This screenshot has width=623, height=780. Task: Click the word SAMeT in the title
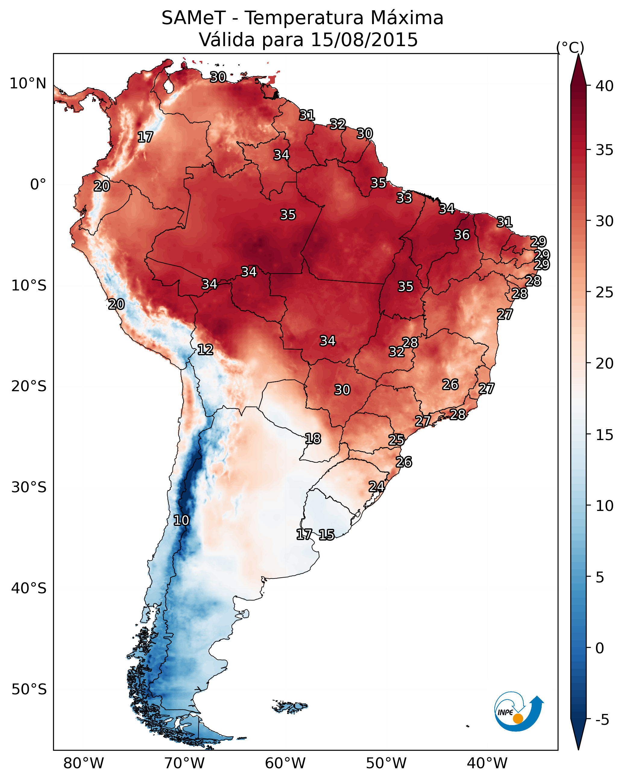coord(194,18)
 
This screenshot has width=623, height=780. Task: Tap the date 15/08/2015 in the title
coord(364,40)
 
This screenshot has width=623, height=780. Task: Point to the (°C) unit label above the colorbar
coord(570,47)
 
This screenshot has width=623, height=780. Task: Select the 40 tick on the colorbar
coord(605,86)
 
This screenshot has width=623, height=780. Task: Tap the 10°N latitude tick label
coord(28,84)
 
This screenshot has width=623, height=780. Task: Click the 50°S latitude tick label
coord(29,689)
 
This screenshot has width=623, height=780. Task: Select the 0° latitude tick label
coord(38,185)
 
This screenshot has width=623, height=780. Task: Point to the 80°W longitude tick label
coord(83,763)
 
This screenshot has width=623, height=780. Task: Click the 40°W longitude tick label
coord(487,763)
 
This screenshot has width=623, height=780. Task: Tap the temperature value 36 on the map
coord(462,235)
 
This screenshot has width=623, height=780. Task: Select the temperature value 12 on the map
coord(205,350)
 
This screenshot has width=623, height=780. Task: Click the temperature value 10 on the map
coord(181,520)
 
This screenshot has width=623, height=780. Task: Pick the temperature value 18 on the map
coord(313,439)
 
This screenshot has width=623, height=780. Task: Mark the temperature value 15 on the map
coord(326,535)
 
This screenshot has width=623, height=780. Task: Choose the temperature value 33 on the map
coord(404,198)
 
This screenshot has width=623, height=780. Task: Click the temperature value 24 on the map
coord(376,486)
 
